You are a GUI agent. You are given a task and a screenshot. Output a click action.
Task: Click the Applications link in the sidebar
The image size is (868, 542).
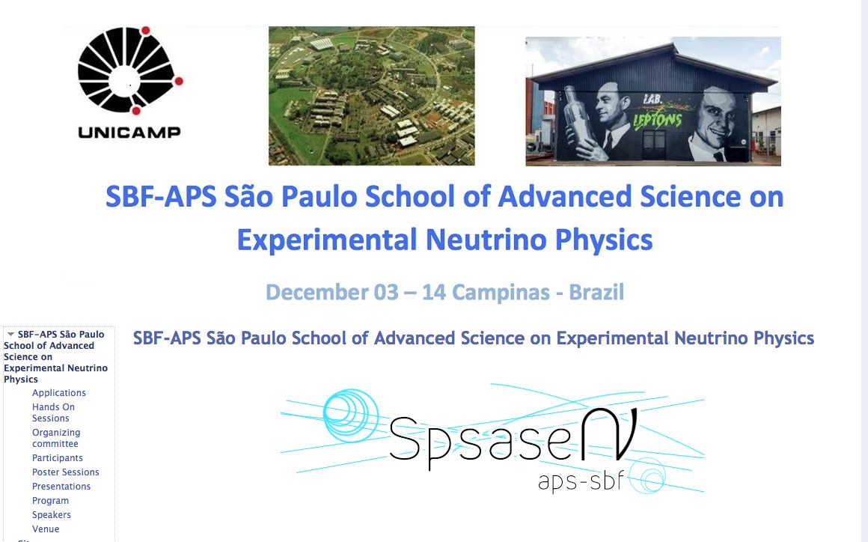tap(58, 392)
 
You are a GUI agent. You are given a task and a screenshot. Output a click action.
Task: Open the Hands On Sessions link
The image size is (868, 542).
tap(53, 412)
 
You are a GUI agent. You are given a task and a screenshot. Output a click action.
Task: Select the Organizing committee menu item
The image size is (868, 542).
tap(56, 438)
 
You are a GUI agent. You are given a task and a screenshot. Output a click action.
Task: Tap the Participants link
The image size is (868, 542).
tap(57, 458)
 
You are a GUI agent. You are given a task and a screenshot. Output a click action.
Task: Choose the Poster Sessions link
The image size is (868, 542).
tap(65, 472)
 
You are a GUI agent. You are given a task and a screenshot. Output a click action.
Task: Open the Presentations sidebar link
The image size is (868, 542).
tap(61, 486)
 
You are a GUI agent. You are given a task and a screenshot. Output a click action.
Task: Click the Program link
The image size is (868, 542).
tap(50, 501)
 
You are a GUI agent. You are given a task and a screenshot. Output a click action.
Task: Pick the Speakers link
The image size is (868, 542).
tap(52, 515)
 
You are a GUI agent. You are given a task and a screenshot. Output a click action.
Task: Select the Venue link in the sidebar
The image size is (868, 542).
tap(46, 529)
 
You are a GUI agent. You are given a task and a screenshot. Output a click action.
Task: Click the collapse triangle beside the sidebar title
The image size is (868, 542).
tap(10, 335)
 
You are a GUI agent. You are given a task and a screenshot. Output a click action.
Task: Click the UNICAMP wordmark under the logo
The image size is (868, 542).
tap(129, 133)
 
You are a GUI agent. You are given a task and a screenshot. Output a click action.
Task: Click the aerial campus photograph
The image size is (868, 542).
tap(371, 96)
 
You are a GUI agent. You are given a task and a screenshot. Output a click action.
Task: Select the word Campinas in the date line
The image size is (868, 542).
tap(500, 292)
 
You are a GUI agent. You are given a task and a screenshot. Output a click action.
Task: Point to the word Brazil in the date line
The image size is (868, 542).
tap(596, 292)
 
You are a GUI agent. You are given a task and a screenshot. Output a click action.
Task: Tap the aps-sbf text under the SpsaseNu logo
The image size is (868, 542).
tap(581, 481)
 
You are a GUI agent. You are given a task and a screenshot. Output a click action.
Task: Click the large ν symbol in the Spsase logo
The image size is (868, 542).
tap(609, 435)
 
